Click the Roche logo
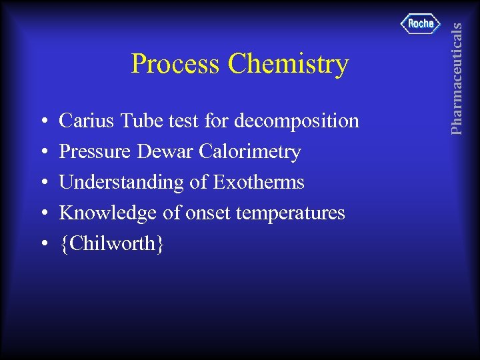tap(421, 24)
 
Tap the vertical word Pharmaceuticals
tap(456, 77)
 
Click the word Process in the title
tap(176, 64)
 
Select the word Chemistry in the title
tap(287, 65)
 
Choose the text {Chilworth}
tap(111, 244)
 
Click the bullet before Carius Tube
tap(43, 122)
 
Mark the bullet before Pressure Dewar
tap(43, 153)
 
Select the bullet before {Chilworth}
tap(43, 245)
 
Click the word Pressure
tap(96, 151)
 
